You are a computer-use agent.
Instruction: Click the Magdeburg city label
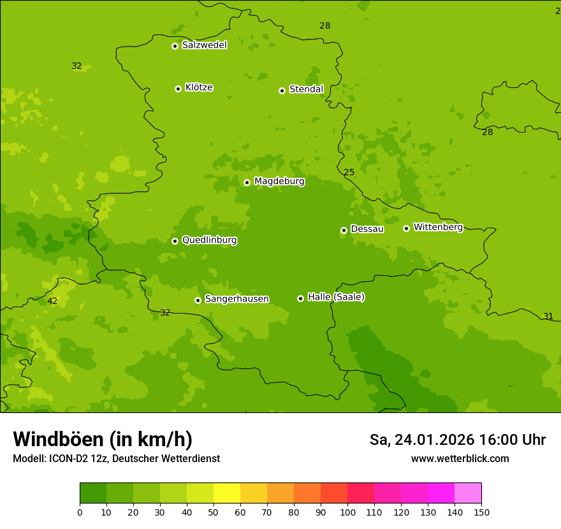(x=279, y=182)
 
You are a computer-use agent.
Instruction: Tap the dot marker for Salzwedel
(x=175, y=46)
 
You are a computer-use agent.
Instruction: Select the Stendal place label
(x=306, y=89)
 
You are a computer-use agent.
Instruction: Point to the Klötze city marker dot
(x=178, y=89)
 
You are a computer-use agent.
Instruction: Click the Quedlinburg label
(x=209, y=240)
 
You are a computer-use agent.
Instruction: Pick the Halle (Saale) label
(x=336, y=297)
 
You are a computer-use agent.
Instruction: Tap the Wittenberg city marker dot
(x=406, y=228)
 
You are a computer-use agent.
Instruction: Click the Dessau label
(x=367, y=229)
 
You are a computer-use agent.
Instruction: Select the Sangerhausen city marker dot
(x=198, y=300)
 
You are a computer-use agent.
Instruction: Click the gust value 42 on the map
(x=52, y=301)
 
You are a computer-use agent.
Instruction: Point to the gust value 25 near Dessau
(x=349, y=172)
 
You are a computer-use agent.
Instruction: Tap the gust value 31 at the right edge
(x=548, y=316)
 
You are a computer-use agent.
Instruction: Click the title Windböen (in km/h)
(x=103, y=439)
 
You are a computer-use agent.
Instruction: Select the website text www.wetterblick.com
(x=460, y=458)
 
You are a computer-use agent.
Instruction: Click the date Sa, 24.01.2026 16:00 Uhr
(x=457, y=440)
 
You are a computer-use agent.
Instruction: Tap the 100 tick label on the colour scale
(x=347, y=512)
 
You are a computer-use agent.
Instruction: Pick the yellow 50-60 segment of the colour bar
(x=227, y=493)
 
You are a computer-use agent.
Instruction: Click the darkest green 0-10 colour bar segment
(x=93, y=493)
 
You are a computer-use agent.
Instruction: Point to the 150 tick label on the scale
(x=481, y=512)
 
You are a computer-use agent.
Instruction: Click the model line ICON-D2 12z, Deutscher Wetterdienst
(x=116, y=458)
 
